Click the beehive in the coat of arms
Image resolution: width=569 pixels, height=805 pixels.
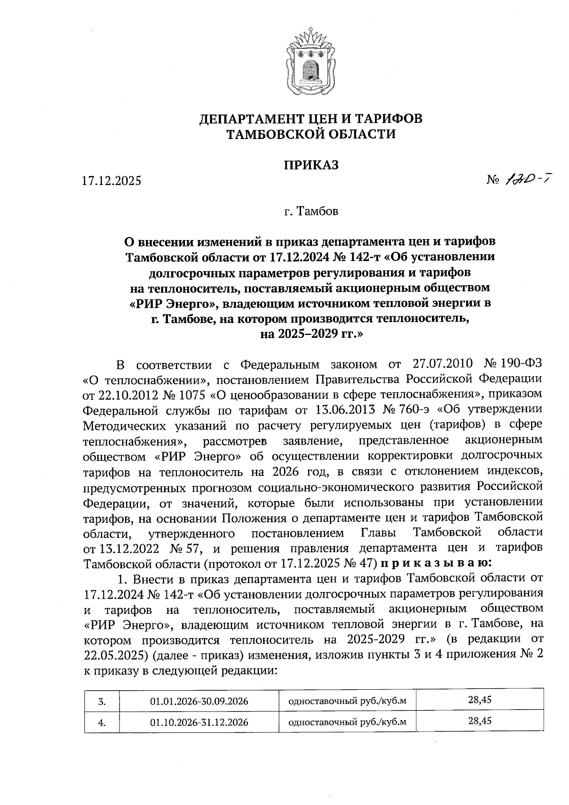(311, 69)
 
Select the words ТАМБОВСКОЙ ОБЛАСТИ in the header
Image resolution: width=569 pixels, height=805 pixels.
(311, 134)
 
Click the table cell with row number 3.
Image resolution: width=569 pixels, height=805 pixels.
(101, 701)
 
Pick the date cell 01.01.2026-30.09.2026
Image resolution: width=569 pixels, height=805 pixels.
(199, 701)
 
